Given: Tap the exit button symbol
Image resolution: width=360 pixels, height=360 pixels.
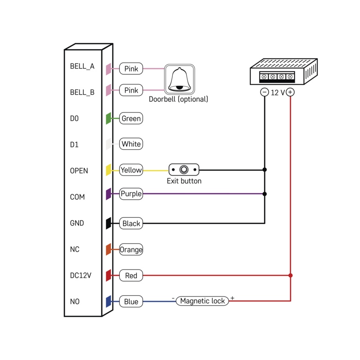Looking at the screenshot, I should point(184,170).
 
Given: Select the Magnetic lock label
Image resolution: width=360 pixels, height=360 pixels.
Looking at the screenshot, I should point(202,301).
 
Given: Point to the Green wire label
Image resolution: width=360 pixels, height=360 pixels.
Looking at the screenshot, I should point(131,119).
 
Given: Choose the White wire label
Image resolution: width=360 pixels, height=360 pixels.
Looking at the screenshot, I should point(131,144).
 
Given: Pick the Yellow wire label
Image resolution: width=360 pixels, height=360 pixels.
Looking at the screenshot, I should point(131,170).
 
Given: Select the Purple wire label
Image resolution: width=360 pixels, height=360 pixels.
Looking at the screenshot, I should point(131,194).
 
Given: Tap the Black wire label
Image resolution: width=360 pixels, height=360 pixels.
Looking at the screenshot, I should point(131,223).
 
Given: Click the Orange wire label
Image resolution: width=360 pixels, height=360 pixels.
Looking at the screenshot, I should point(131,250).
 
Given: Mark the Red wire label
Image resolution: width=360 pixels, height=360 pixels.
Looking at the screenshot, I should point(131,275).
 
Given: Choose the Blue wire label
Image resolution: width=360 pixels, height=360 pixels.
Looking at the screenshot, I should point(131,301).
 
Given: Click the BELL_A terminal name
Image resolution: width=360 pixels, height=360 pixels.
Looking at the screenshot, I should point(82,66).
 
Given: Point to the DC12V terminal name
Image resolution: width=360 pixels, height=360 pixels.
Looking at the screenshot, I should point(81,275).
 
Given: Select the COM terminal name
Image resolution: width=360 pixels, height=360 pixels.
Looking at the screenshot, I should point(77,197).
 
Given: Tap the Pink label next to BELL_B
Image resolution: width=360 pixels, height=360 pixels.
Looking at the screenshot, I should point(131,90).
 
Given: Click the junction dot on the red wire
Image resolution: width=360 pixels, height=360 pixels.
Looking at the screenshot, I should point(291,275).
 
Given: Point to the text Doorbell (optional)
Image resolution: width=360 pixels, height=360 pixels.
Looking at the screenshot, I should point(179,99).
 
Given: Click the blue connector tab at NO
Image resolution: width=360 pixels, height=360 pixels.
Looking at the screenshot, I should point(108,301).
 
